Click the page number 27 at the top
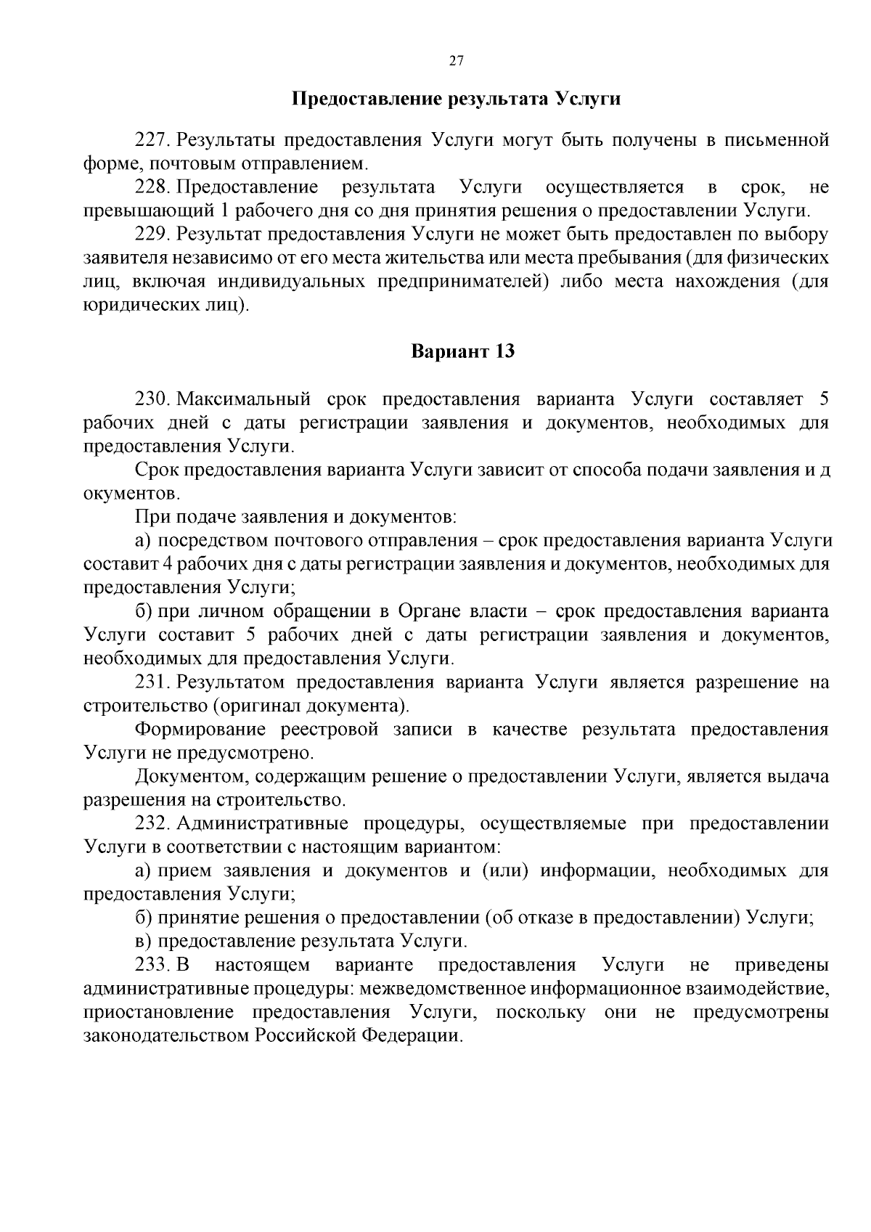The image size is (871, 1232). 456,61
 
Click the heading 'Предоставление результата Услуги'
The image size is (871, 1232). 456,99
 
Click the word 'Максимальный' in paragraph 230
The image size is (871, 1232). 244,399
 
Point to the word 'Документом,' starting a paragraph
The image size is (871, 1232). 193,777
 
